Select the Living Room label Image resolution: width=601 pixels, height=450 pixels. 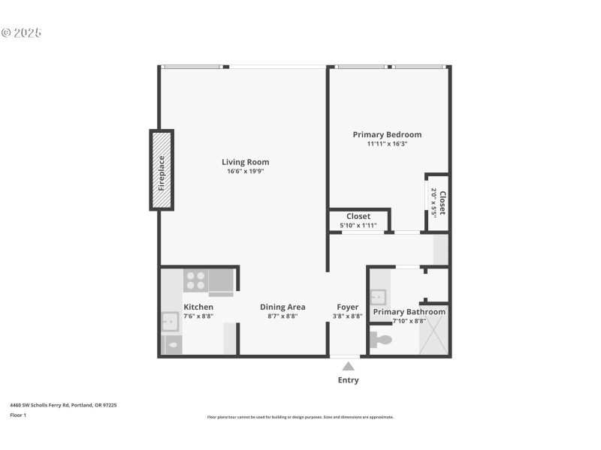[245, 162]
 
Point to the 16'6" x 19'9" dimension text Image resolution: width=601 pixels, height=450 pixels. [245, 172]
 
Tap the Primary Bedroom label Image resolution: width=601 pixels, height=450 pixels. [387, 135]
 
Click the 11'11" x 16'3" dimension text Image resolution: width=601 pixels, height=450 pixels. [387, 144]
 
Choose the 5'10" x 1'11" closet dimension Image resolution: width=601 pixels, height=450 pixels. [358, 226]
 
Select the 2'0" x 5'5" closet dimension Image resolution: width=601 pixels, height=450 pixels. [433, 202]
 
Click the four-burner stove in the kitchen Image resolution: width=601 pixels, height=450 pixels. [195, 280]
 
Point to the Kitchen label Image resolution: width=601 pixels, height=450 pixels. [198, 307]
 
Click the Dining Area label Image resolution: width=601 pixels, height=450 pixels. [282, 307]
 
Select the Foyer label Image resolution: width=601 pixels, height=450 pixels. [347, 307]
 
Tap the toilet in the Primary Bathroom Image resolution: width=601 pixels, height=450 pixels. [381, 340]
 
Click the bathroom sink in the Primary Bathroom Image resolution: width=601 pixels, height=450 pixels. [378, 296]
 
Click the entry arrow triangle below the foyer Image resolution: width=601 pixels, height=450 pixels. [348, 367]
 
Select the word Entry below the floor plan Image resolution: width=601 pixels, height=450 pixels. [348, 380]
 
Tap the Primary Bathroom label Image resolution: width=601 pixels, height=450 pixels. [409, 312]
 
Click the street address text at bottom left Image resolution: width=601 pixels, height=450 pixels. [63, 405]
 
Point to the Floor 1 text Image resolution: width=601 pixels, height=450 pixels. [18, 415]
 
